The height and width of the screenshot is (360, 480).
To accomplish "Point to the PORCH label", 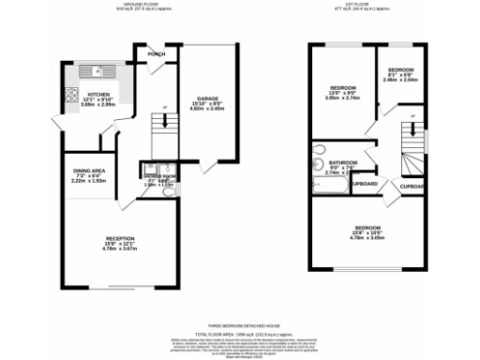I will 153,54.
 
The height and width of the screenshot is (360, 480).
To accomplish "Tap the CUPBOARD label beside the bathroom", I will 365,183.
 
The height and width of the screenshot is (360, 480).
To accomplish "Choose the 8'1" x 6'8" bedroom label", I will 401,72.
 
